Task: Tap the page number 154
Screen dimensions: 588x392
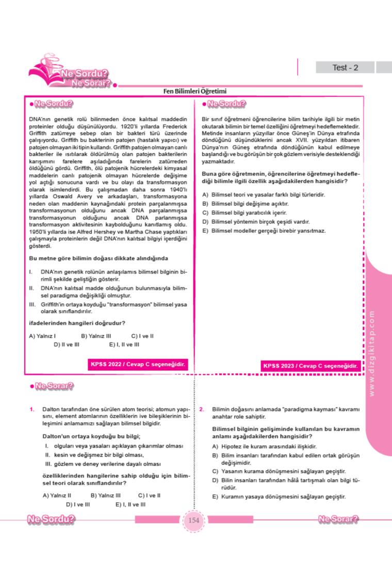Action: [x=193, y=520]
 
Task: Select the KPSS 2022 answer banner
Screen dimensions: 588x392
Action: [x=138, y=365]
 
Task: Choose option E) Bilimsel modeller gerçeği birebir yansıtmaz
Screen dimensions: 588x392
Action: [x=264, y=230]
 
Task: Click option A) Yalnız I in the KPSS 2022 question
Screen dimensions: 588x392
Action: [x=42, y=336]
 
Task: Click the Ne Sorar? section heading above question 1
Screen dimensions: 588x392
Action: [x=52, y=385]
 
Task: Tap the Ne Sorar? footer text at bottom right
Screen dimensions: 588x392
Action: [x=338, y=519]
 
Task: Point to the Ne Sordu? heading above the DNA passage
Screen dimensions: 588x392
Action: [x=51, y=104]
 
